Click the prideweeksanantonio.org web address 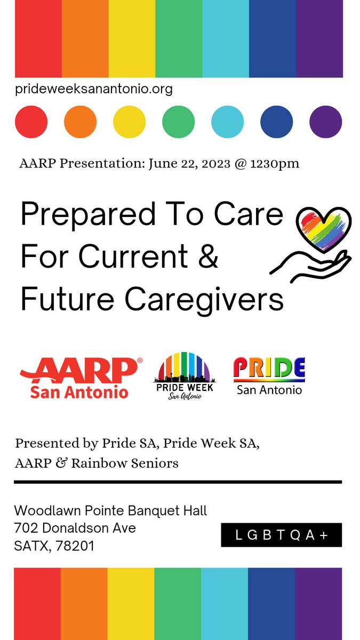pos(94,89)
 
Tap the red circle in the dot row pos(31,122)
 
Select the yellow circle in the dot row pos(129,122)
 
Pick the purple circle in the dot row pos(325,122)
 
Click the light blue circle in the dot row pos(228,122)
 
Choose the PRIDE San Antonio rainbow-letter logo pos(269,377)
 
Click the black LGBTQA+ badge pos(281,535)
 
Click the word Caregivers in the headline pos(204,300)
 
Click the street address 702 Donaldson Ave pos(75,529)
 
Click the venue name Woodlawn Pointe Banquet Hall pos(110,511)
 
